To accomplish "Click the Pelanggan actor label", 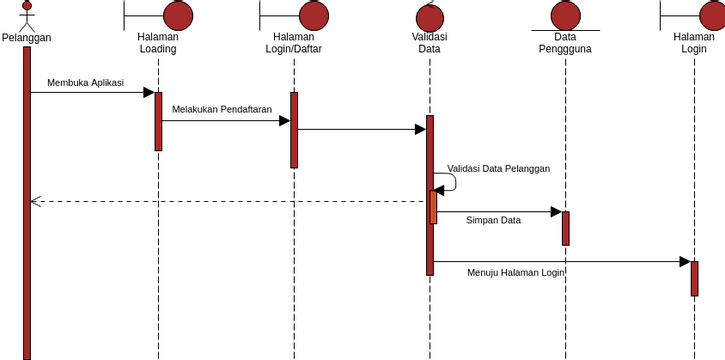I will pos(27,38).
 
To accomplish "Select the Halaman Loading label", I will pos(158,43).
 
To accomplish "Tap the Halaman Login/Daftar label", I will pos(294,43).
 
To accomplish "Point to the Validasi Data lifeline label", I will pos(430,43).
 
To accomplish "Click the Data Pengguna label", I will pos(565,43).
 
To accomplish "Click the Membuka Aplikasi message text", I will pos(85,83).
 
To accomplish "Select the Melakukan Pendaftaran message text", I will pos(222,110).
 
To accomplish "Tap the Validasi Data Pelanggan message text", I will pos(498,169).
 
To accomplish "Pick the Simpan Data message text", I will pos(493,220).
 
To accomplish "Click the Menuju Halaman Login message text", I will pos(515,272).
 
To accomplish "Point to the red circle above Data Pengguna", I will pos(565,15).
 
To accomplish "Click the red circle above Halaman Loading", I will pos(177,15).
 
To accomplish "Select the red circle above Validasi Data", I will pos(430,17).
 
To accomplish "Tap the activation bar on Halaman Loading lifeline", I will pos(158,121).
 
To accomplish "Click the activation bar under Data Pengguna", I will pos(565,228).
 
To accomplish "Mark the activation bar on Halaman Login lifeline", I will pos(694,278).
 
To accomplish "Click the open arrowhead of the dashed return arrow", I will pos(35,202).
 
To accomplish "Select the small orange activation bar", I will pos(434,207).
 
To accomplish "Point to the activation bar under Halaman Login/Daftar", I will pos(294,130).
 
